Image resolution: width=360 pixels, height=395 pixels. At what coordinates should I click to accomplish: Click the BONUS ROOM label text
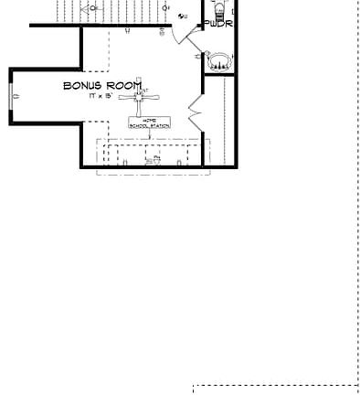pyautogui.click(x=102, y=86)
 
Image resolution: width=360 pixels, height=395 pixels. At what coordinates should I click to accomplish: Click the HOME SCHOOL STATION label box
pyautogui.click(x=149, y=123)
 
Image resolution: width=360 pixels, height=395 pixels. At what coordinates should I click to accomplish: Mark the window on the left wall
pyautogui.click(x=12, y=96)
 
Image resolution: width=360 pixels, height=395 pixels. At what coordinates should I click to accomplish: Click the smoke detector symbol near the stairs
pyautogui.click(x=166, y=8)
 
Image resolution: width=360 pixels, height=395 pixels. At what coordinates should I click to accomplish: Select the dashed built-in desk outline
pyautogui.click(x=152, y=151)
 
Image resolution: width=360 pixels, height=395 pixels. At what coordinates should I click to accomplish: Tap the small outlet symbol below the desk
pyautogui.click(x=155, y=160)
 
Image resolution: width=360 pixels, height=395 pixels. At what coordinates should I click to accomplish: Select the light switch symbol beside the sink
pyautogui.click(x=198, y=57)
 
